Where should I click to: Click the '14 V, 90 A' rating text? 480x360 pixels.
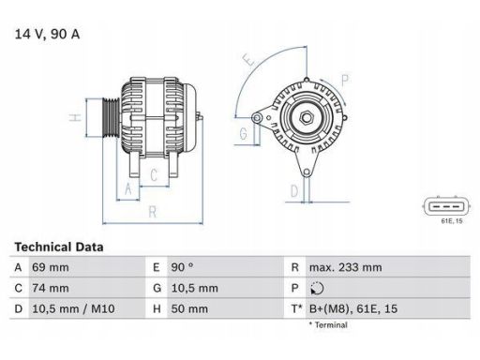click(46, 35)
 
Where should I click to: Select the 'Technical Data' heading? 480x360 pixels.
click(59, 247)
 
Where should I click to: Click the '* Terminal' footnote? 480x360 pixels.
click(328, 324)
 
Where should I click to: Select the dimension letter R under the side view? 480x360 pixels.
click(152, 213)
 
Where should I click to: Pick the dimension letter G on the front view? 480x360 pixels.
click(243, 133)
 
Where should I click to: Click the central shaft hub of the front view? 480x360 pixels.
click(307, 118)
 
